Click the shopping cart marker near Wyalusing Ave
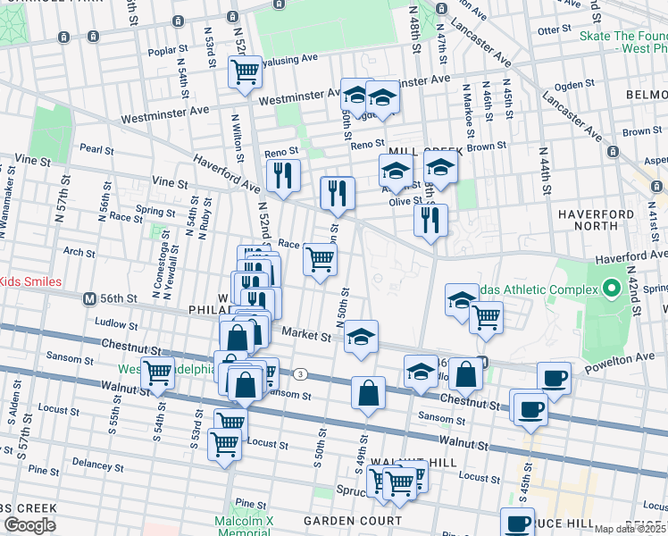click(245, 72)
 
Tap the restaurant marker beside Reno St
click(283, 174)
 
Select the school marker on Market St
click(361, 336)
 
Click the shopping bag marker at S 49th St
click(368, 392)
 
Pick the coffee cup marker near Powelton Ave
click(554, 378)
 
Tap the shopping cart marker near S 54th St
click(158, 373)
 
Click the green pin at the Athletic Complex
click(611, 289)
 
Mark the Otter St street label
click(554, 29)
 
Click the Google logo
click(29, 525)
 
